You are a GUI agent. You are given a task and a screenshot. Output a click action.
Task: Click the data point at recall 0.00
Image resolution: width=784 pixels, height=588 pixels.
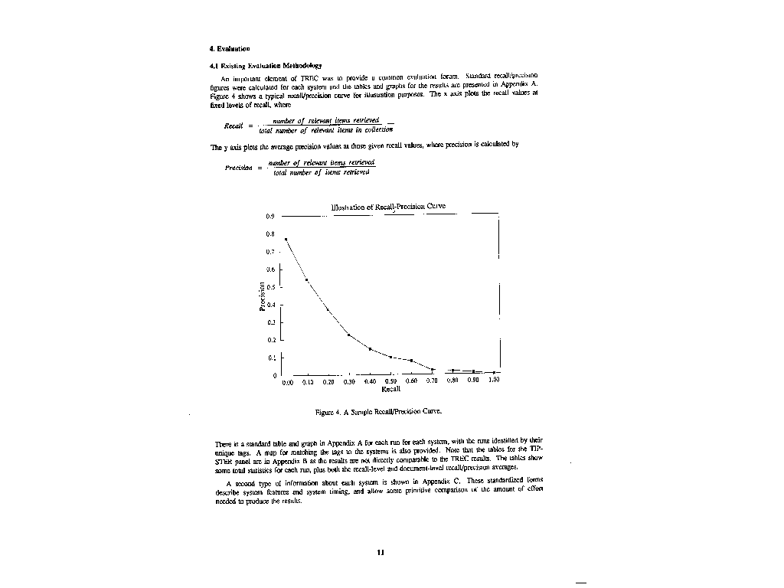(286, 240)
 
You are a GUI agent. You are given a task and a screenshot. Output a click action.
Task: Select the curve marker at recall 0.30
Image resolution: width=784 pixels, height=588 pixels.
(348, 335)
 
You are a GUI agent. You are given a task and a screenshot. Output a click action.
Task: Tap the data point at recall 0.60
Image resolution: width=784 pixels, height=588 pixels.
(412, 360)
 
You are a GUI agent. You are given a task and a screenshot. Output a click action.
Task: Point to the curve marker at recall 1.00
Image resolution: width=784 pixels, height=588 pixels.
(495, 372)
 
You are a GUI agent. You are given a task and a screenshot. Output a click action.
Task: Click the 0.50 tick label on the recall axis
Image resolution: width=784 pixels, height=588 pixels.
(390, 381)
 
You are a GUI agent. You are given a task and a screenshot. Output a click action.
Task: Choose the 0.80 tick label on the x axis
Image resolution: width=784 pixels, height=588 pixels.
(452, 381)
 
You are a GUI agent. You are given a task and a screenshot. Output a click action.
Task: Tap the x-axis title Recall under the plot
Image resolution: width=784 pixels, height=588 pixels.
(390, 389)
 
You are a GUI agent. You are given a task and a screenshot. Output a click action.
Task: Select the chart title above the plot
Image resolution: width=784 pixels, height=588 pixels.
(388, 207)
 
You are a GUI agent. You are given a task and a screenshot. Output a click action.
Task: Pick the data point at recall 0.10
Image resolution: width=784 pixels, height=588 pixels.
(306, 280)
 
